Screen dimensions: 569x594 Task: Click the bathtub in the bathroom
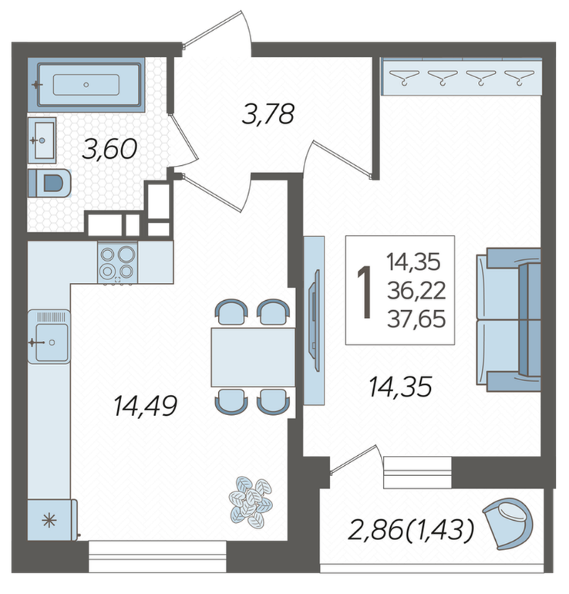tap(86, 85)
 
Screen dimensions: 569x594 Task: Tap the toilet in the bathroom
tap(49, 184)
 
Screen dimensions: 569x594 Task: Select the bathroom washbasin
tap(42, 140)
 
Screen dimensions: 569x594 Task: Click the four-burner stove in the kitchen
tap(117, 262)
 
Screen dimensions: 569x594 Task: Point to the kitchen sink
tap(49, 337)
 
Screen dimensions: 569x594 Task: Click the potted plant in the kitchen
tap(251, 503)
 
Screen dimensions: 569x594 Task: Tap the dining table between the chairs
tap(253, 357)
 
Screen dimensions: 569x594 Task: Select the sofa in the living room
tap(508, 319)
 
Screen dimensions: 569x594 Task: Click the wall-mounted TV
tap(315, 320)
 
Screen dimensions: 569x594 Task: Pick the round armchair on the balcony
tap(508, 523)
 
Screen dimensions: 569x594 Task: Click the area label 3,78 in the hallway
tap(268, 114)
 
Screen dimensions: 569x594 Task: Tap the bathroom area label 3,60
tap(109, 148)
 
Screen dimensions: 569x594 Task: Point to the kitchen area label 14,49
tap(146, 405)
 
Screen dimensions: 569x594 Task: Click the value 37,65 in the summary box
tap(416, 319)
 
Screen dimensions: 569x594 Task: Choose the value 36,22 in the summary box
tap(416, 291)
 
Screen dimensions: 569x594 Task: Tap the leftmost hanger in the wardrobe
tap(404, 77)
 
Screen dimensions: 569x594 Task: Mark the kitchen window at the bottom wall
tap(157, 556)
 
